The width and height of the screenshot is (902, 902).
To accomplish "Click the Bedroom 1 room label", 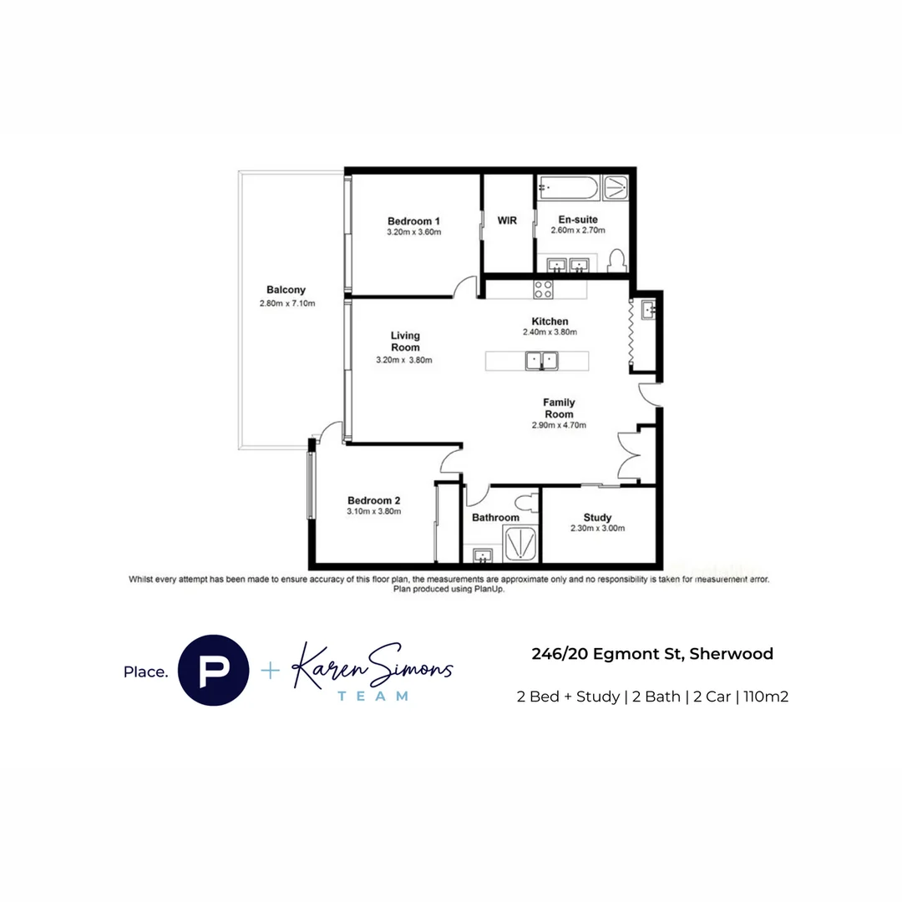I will [413, 220].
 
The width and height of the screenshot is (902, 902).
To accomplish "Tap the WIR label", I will [507, 220].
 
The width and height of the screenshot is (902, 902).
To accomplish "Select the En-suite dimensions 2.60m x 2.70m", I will [578, 231].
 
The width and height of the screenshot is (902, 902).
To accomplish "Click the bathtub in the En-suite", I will [568, 188].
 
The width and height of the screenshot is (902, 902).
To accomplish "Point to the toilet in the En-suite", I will [617, 261].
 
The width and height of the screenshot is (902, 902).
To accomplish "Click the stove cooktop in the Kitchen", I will [544, 289].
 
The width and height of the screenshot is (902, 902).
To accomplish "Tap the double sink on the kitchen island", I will [541, 361].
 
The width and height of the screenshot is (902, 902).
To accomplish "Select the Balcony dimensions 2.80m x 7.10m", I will [287, 303].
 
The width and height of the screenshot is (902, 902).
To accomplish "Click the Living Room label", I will [405, 342].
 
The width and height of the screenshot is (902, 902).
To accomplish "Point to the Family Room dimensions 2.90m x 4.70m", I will [559, 425].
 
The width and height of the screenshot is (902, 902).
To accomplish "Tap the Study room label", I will [597, 517].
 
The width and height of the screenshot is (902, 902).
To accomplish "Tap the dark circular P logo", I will [214, 671].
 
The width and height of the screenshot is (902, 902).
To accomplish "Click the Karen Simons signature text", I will [372, 666].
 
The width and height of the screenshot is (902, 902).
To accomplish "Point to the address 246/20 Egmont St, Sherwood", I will [652, 654].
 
